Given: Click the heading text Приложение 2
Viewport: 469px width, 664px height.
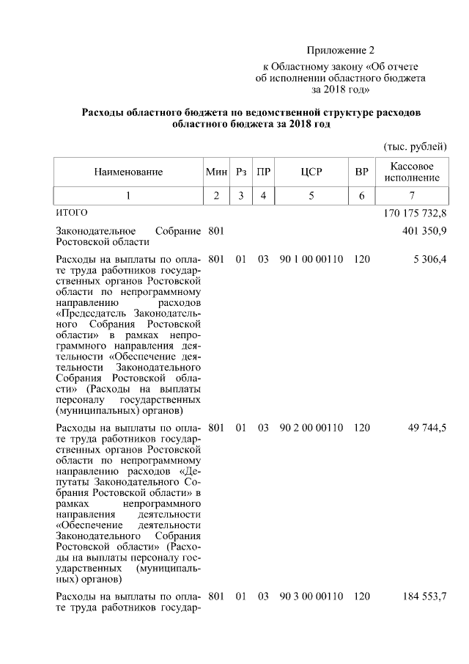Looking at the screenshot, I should tap(340, 51).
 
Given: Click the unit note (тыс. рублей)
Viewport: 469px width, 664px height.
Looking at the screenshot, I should tap(415, 147).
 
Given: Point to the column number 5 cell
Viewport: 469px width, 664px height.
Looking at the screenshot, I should tap(311, 195).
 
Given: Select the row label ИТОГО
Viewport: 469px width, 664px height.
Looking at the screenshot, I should tap(72, 213).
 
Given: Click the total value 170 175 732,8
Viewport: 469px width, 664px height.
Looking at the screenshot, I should tap(415, 214).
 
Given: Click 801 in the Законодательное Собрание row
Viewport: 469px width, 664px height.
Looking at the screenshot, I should tap(216, 232).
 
